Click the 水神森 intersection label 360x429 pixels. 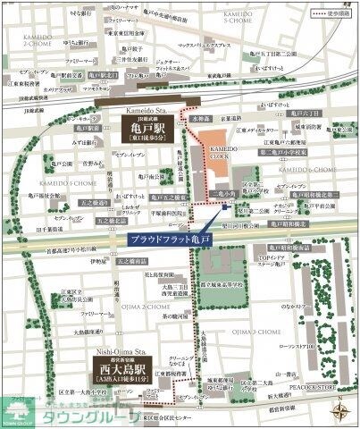pos(201,118)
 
